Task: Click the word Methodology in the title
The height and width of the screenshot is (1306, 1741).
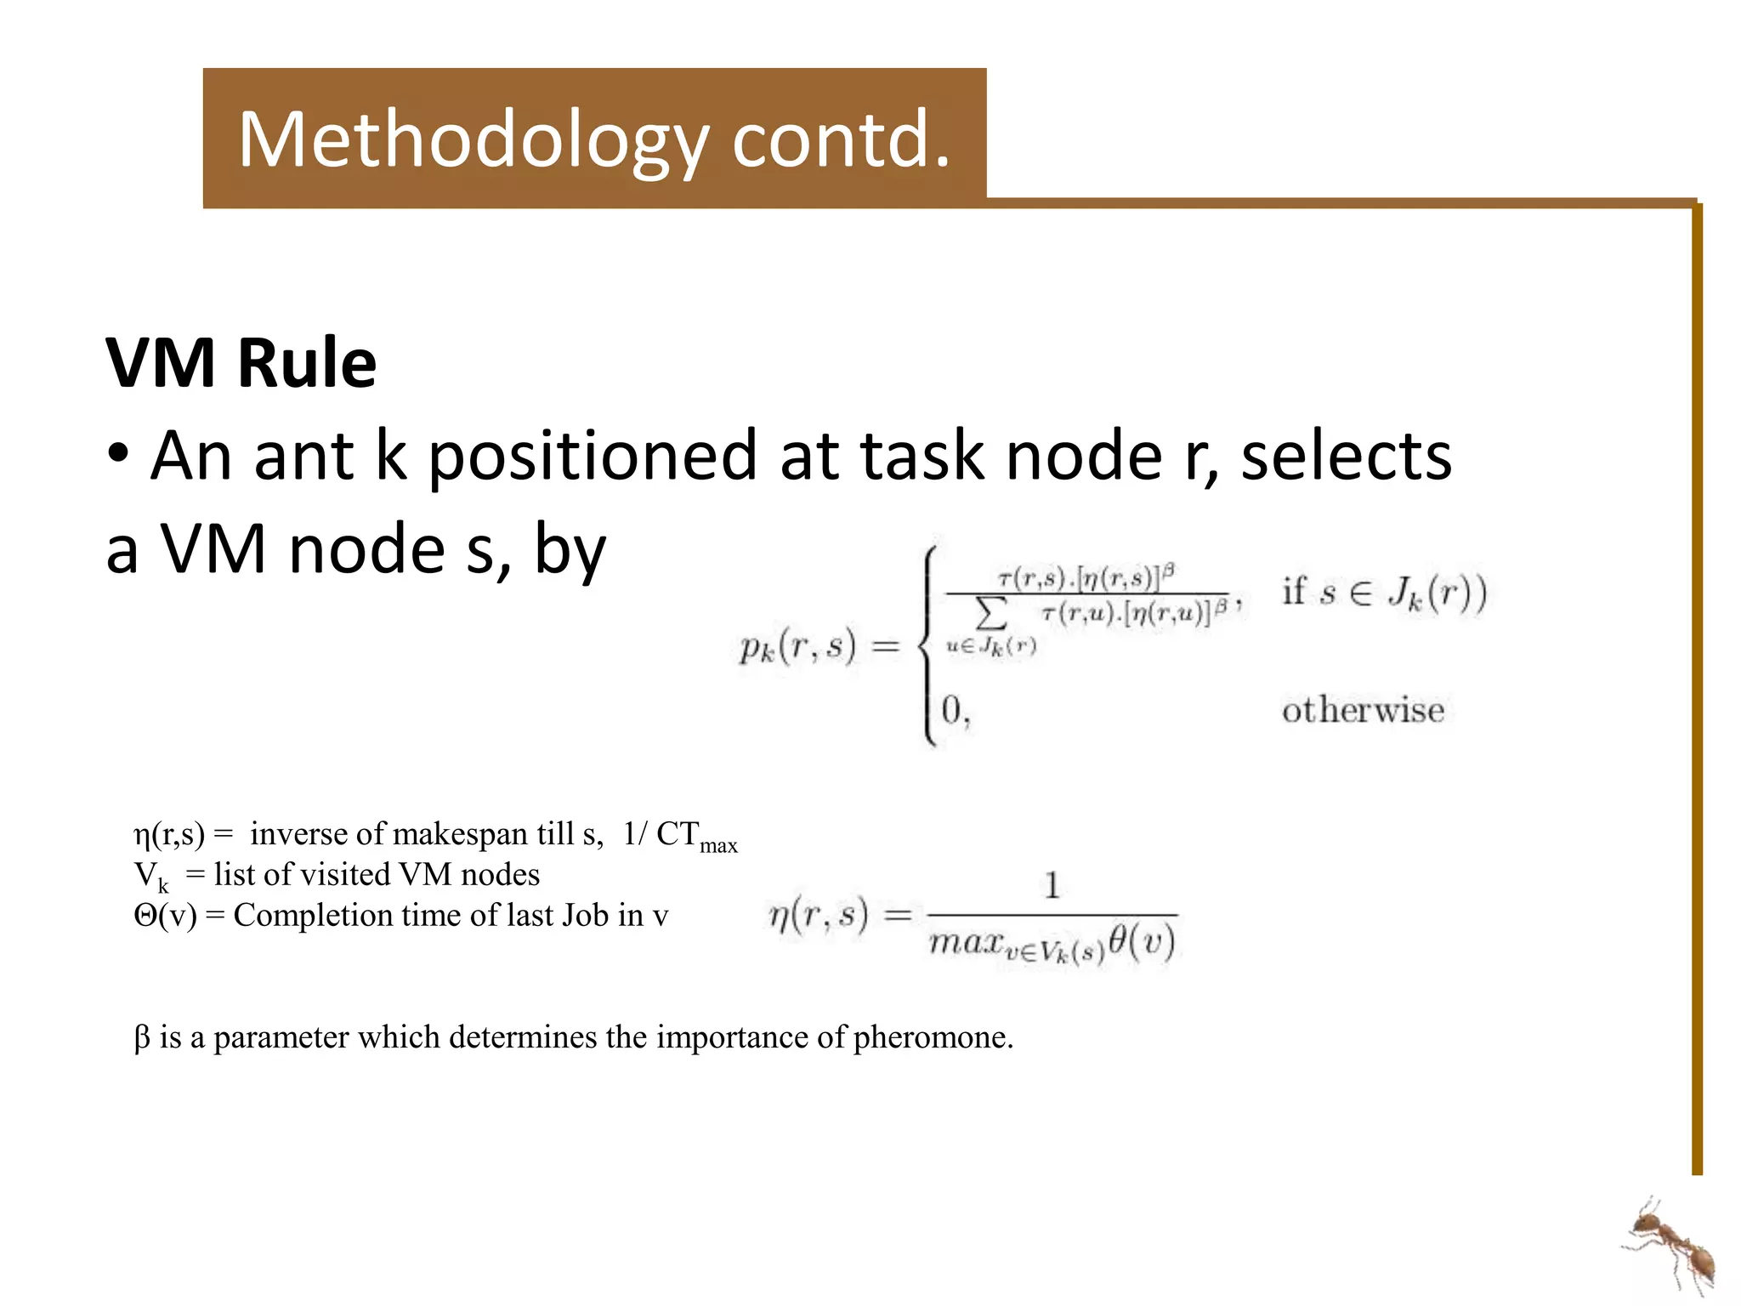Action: point(472,140)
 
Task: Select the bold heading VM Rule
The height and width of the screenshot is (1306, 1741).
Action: point(241,363)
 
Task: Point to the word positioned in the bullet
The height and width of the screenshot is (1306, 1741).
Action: point(591,457)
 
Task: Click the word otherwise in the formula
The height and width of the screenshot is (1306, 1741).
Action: point(1363,710)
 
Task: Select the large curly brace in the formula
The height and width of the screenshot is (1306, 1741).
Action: point(929,646)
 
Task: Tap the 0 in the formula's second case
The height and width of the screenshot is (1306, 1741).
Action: point(951,709)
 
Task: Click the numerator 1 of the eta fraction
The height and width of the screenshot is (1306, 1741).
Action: point(1052,886)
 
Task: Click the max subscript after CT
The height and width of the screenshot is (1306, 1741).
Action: point(718,846)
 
